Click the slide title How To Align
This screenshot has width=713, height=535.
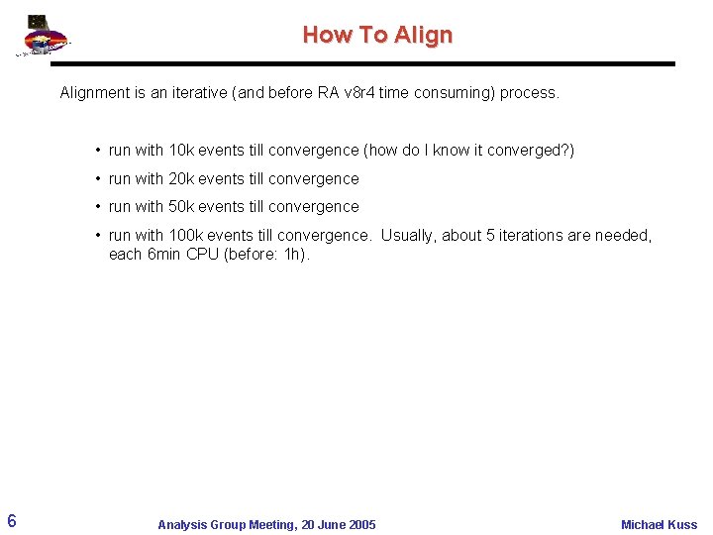click(377, 35)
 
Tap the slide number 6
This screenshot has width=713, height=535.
click(10, 521)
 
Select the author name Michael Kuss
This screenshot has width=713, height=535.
click(659, 524)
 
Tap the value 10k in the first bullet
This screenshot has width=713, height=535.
click(181, 151)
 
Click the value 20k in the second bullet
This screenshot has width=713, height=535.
click(181, 179)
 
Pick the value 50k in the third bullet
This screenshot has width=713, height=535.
click(181, 207)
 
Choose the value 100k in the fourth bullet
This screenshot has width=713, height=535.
click(185, 236)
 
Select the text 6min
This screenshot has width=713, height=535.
click(163, 255)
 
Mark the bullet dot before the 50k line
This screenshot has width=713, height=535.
click(99, 207)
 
